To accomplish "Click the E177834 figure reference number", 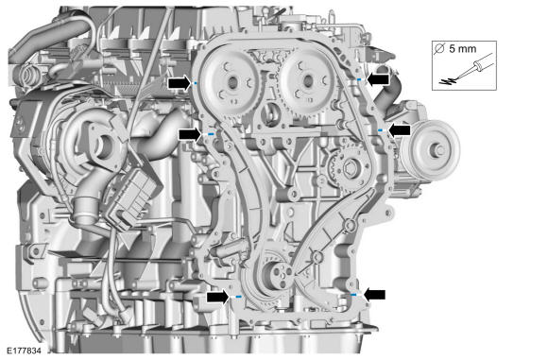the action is pyautogui.click(x=25, y=351).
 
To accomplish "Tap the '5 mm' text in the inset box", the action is pyautogui.click(x=462, y=49).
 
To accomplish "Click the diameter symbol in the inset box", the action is pyautogui.click(x=439, y=48).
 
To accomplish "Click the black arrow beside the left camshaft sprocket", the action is pyautogui.click(x=180, y=83).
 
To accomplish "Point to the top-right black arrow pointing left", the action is pyautogui.click(x=377, y=79).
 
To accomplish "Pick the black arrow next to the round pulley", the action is pyautogui.click(x=399, y=130).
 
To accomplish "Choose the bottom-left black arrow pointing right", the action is pyautogui.click(x=218, y=298).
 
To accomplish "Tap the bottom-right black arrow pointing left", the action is pyautogui.click(x=375, y=295).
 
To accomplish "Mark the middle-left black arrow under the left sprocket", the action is pyautogui.click(x=190, y=134).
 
